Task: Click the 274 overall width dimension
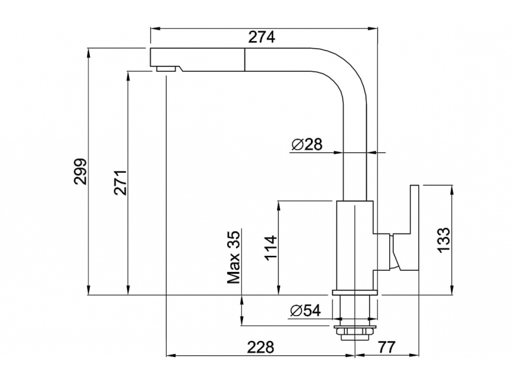coord(262,38)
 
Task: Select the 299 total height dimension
coord(80,171)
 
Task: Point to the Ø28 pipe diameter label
coord(306,145)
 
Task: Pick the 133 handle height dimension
coord(445,240)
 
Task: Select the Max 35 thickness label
coord(233,257)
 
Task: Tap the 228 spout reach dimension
coord(260,347)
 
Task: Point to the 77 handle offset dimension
coord(386,347)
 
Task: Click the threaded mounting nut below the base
coord(355,332)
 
